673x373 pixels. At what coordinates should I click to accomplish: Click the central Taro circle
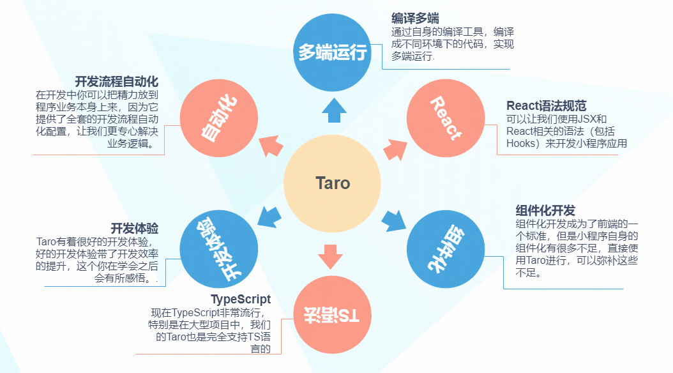click(x=333, y=184)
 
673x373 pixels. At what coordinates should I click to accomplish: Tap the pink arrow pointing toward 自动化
click(x=272, y=148)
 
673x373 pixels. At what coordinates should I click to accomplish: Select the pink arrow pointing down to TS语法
click(x=330, y=256)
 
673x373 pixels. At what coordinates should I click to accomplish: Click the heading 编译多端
click(x=415, y=18)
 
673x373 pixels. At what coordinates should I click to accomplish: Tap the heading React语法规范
click(x=546, y=105)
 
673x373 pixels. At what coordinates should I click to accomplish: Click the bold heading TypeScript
click(x=241, y=300)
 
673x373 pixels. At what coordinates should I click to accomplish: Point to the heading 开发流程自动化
click(x=116, y=82)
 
